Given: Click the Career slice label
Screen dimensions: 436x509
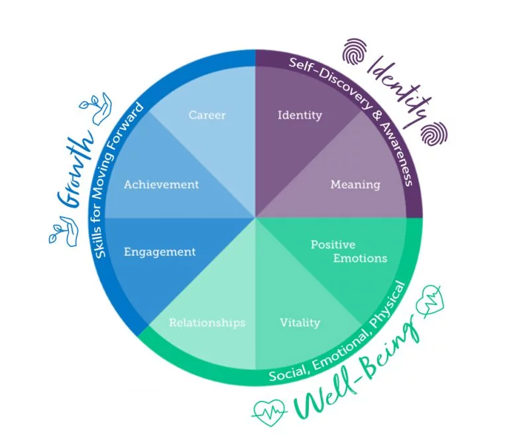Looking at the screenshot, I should (x=207, y=115).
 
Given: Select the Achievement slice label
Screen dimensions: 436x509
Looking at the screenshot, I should (x=161, y=184).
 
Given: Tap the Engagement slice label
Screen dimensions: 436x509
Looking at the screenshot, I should (x=160, y=252).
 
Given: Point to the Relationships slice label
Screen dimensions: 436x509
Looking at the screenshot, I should (x=207, y=323).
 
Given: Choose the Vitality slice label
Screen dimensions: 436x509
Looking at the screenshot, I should (x=300, y=323).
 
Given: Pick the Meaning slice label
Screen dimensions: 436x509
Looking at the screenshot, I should (x=355, y=184).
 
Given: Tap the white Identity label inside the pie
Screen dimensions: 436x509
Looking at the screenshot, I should (x=300, y=115).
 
